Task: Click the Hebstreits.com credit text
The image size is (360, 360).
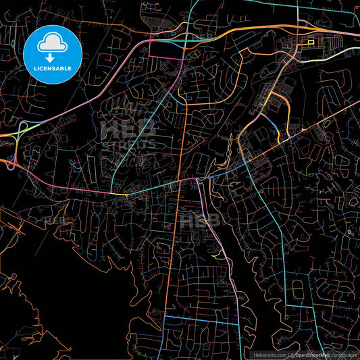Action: coord(269,354)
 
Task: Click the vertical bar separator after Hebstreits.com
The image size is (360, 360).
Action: coord(288,354)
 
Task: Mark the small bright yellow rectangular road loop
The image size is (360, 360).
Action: coord(311,43)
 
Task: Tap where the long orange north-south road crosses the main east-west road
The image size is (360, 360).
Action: coord(181,180)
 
